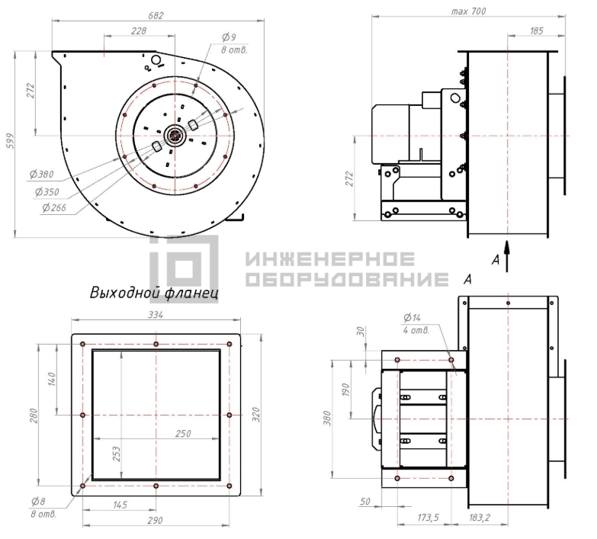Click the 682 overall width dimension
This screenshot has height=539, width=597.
click(x=156, y=15)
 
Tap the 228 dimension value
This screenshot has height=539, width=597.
click(x=139, y=30)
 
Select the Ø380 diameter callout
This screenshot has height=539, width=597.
click(x=42, y=175)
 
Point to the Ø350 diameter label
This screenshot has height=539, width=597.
click(x=47, y=192)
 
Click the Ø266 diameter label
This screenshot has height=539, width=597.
click(x=54, y=207)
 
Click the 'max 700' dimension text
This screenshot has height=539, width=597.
click(x=468, y=11)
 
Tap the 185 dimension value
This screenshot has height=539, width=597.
click(x=536, y=30)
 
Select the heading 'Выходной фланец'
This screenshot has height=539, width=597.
click(x=154, y=293)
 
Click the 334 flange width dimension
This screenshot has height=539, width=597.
click(x=156, y=315)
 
